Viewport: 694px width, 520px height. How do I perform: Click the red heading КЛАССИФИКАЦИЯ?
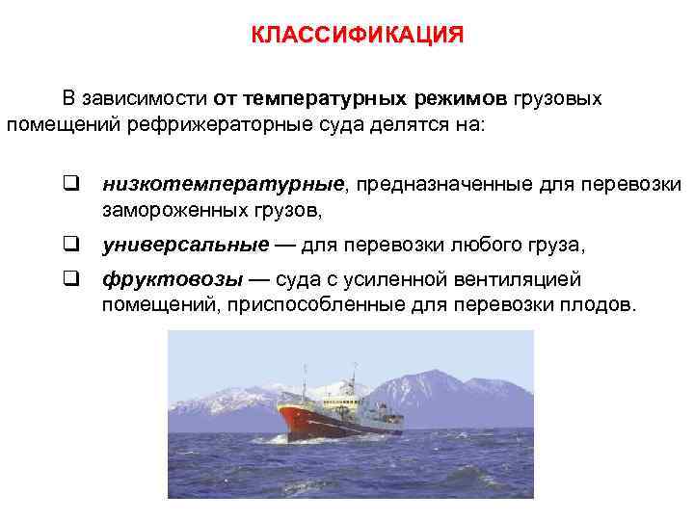coord(358,36)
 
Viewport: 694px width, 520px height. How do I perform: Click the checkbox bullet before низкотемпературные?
coord(70,182)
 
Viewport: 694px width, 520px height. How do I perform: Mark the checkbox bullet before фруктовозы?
coord(70,279)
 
